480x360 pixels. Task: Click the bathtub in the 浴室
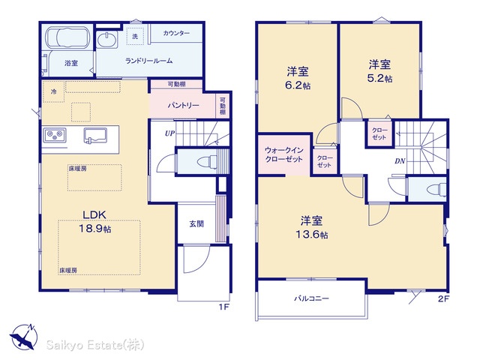67,37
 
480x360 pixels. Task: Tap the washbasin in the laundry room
106,40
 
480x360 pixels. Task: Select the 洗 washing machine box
135,36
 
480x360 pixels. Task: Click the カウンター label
176,33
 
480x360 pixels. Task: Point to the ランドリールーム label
149,61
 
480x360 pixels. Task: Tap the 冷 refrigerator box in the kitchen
54,91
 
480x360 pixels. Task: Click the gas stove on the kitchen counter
55,135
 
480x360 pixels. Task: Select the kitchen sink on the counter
95,135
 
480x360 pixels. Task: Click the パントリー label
183,105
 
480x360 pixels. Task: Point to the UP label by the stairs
170,133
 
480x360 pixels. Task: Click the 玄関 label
196,223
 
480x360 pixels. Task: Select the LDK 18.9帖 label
95,222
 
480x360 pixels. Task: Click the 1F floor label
224,307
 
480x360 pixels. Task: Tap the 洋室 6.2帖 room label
298,78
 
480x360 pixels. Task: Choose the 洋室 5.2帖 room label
379,71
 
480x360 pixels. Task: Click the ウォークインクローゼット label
283,154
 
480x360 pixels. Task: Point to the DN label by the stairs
400,161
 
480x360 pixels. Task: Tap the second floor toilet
438,188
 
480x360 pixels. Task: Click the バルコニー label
312,298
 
